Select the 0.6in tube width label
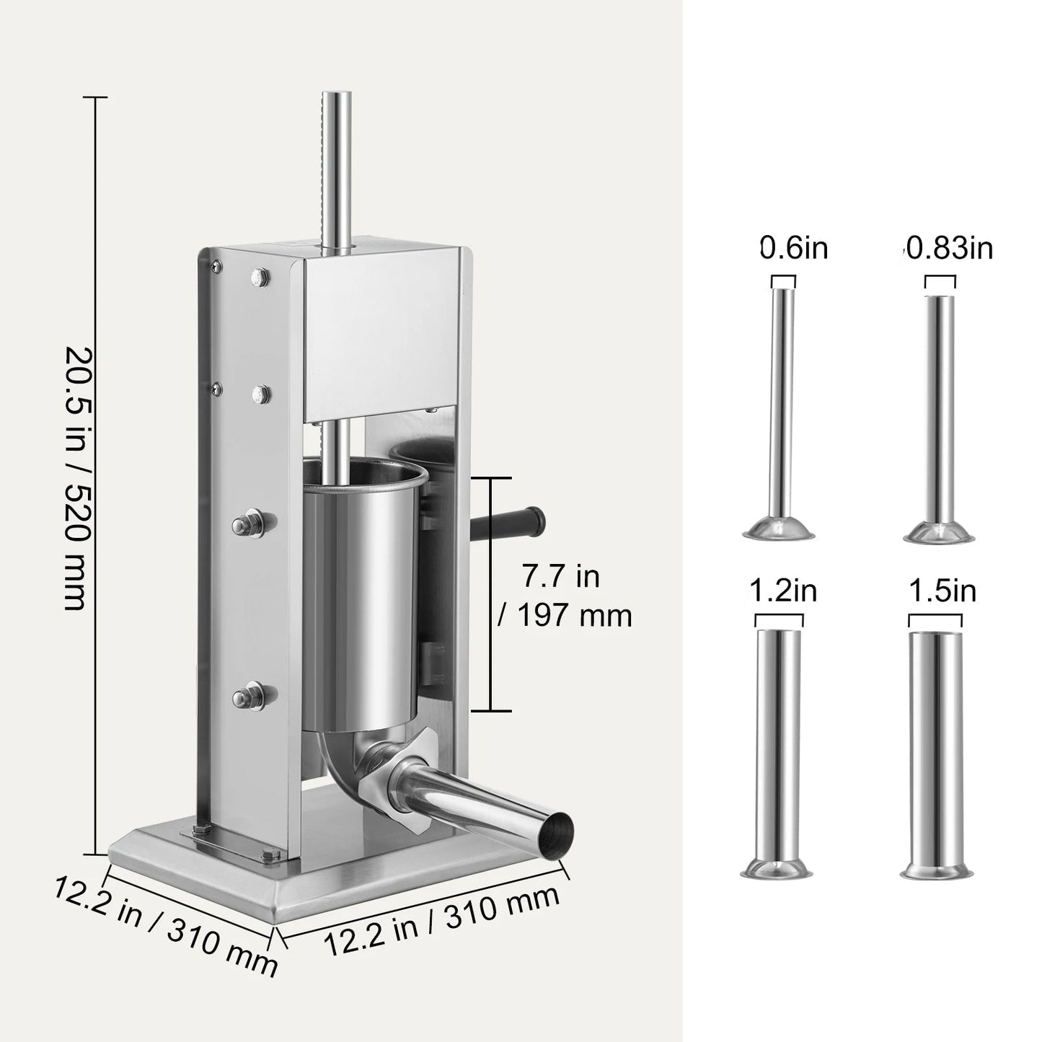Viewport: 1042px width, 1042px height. tap(794, 248)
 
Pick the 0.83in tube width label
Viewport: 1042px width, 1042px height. tap(949, 248)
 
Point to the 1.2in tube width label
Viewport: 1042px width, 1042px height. tap(782, 591)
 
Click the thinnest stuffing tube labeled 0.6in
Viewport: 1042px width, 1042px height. tap(780, 411)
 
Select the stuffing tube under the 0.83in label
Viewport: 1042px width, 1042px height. tap(940, 411)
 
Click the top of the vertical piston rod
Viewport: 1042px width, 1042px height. tap(336, 97)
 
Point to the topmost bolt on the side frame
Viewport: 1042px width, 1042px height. tap(259, 276)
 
